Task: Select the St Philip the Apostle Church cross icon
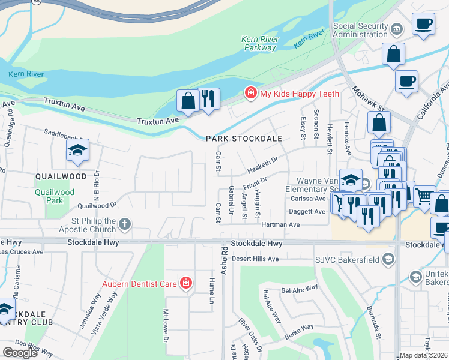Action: (125, 225)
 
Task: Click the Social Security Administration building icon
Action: (396, 29)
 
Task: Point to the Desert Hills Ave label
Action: (255, 259)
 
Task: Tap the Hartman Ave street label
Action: (280, 224)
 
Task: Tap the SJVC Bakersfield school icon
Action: (388, 259)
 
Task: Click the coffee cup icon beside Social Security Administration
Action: (423, 25)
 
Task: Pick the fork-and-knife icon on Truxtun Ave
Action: (208, 98)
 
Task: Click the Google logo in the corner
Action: (20, 352)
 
